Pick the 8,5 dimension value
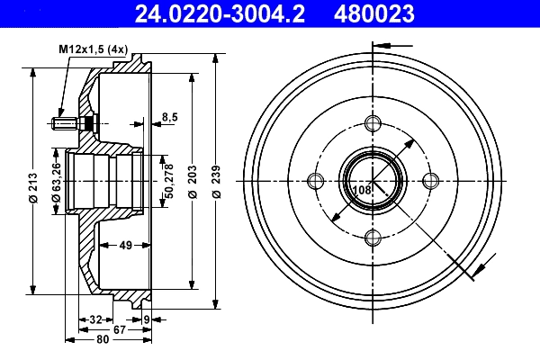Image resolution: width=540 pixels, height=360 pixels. [169, 115]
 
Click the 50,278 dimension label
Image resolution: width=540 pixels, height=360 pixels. [168, 180]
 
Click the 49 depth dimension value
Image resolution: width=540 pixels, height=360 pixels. [125, 243]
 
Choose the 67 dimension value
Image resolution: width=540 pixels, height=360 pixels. [118, 329]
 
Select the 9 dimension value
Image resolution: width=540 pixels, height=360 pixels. [147, 319]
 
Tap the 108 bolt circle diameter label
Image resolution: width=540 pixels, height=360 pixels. [362, 190]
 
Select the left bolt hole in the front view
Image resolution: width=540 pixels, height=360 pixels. [315, 181]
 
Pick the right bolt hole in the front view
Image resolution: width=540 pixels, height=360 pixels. [431, 181]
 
